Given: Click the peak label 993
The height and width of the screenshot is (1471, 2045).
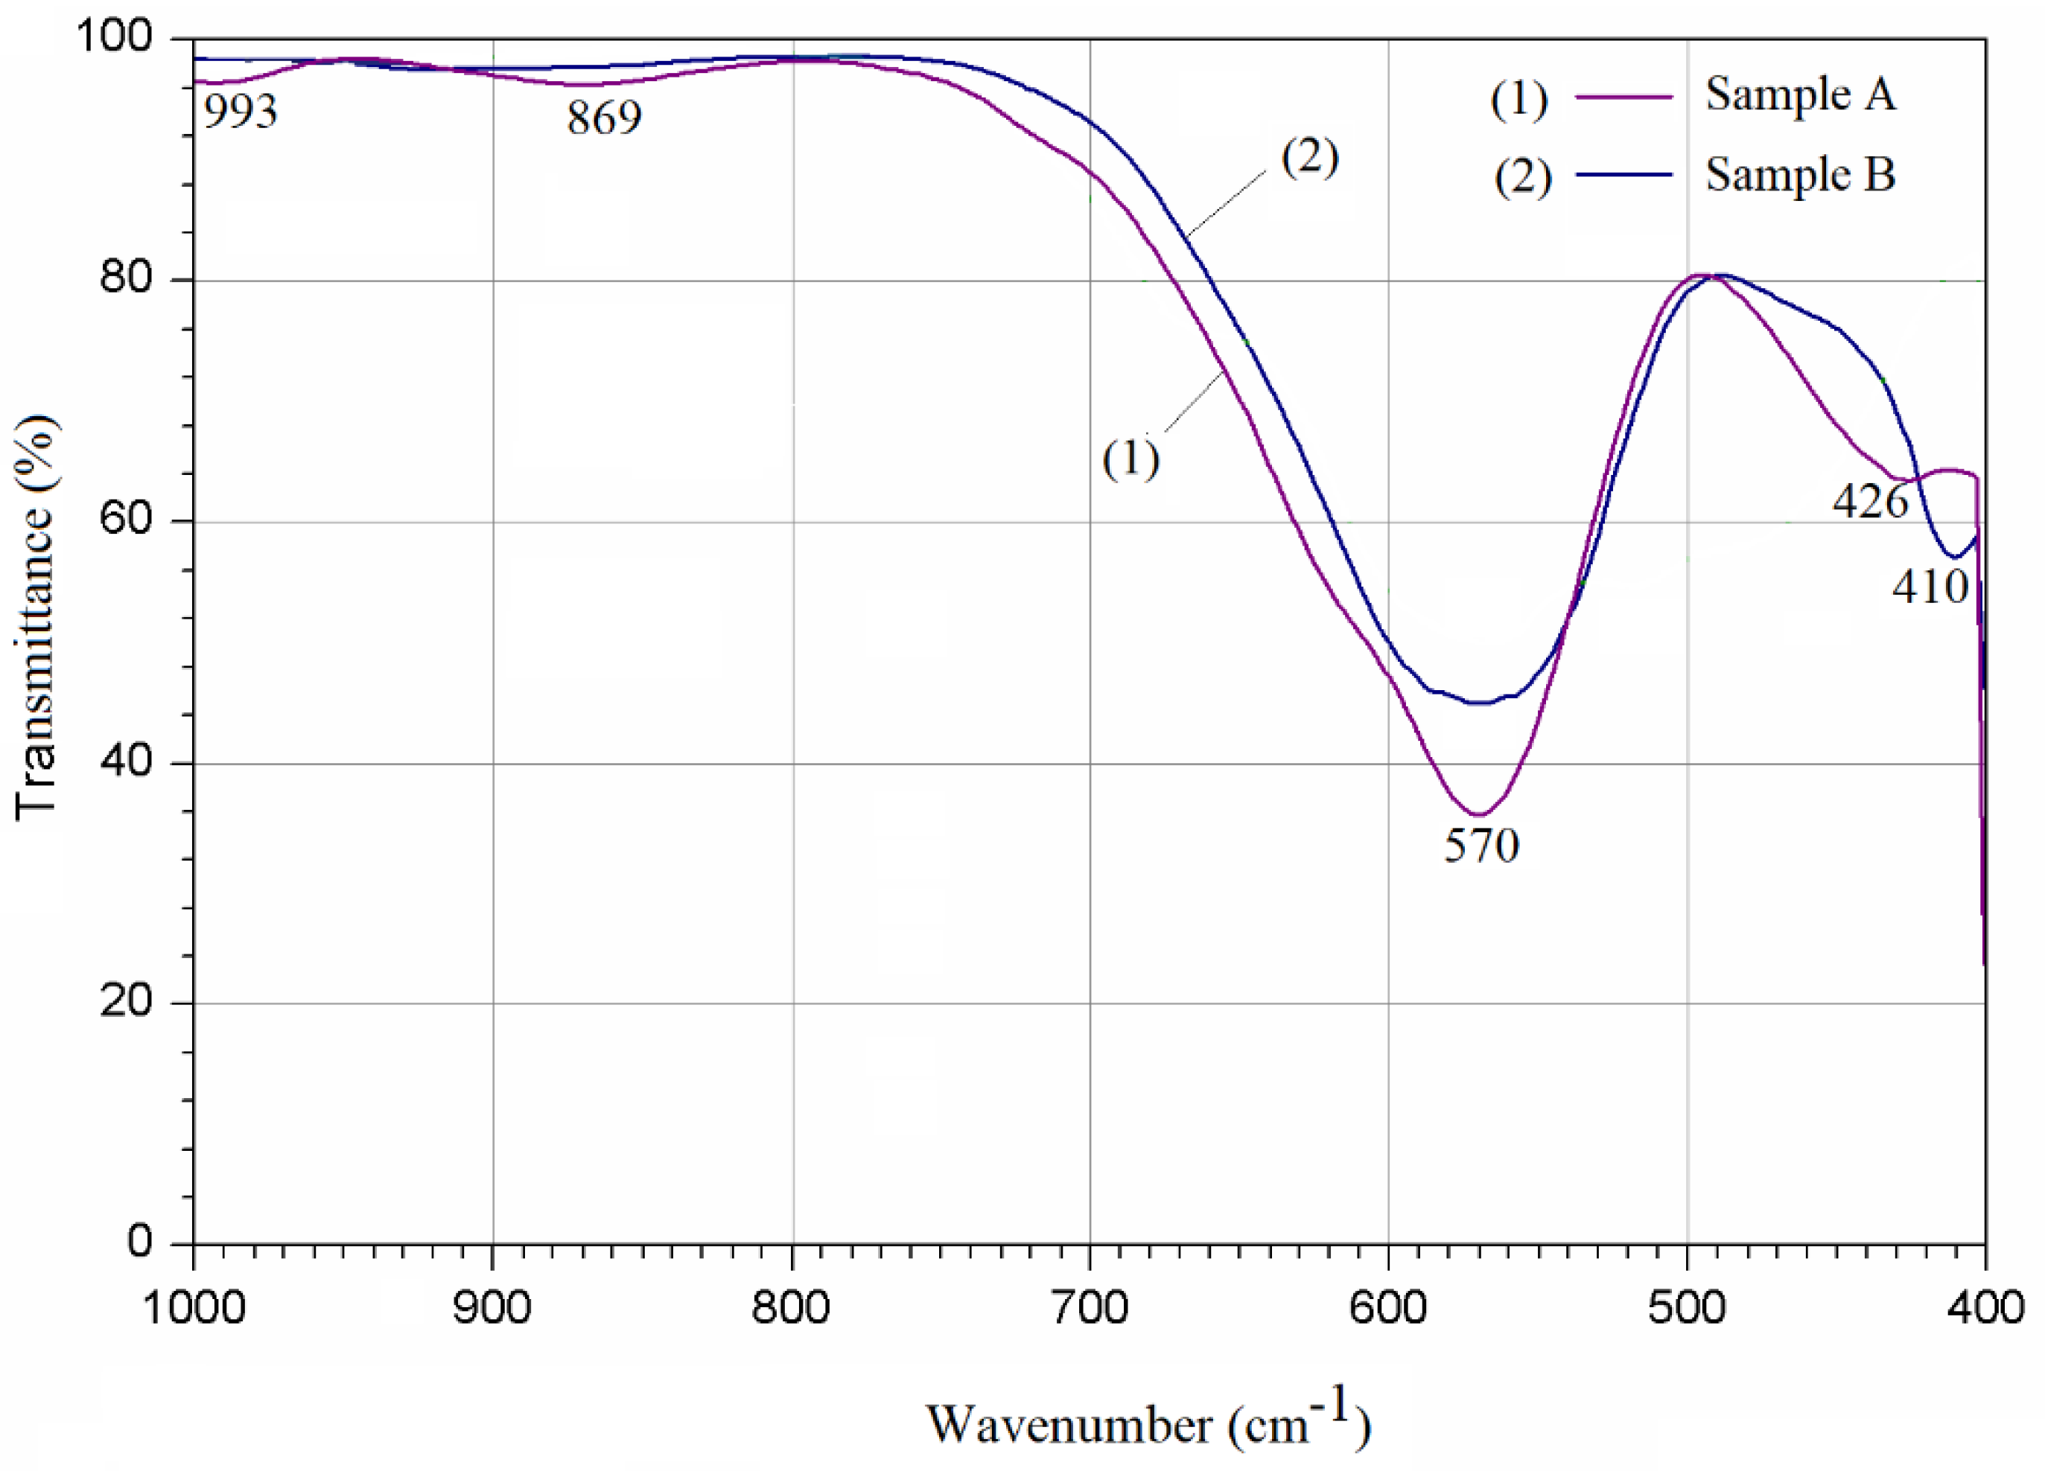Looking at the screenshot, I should click(x=240, y=112).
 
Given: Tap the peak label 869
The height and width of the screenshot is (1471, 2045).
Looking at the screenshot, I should click(x=604, y=118).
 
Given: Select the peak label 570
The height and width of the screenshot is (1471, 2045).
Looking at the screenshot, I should click(x=1481, y=846).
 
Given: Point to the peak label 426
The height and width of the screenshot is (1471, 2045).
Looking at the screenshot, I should click(x=1870, y=501).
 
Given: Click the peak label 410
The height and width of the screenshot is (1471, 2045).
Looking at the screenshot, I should click(x=1930, y=587).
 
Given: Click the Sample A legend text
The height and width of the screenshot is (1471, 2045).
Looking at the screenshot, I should click(x=1800, y=94).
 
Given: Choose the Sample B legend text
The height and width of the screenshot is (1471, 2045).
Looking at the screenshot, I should click(x=1800, y=174).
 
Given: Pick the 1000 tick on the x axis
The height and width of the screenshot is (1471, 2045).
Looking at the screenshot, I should click(x=194, y=1308).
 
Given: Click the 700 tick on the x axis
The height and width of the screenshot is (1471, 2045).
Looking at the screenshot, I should click(x=1090, y=1308).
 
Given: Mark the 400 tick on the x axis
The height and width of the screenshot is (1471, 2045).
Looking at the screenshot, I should click(x=1985, y=1308).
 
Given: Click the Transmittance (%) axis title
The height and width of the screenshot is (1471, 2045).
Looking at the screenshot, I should click(x=36, y=617).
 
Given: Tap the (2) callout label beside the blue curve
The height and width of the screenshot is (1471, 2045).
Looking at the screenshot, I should click(x=1309, y=158).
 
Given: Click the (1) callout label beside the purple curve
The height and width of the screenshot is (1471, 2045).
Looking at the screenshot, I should click(x=1130, y=459).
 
